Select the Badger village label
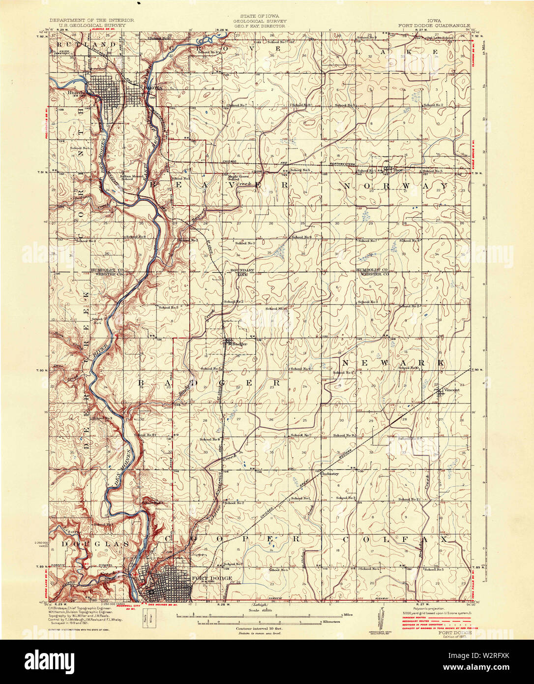239,344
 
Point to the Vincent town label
451,390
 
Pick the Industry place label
330,474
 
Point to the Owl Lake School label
440,37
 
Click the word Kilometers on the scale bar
331,622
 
